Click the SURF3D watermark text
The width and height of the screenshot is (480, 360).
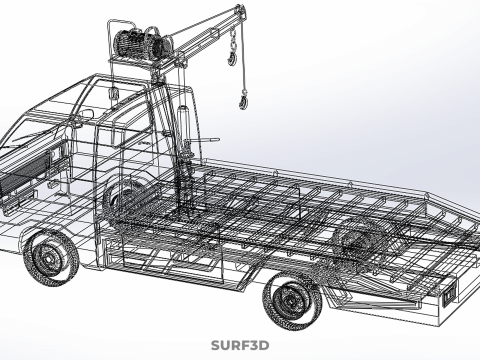[240, 345]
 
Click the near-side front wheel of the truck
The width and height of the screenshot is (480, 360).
[51, 258]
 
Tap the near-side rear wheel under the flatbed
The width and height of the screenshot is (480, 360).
[292, 301]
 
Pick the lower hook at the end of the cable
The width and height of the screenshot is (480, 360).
[244, 99]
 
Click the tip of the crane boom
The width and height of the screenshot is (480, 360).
[241, 7]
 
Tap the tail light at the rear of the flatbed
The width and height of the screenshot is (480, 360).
[450, 293]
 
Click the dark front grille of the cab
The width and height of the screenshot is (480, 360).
[24, 176]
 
